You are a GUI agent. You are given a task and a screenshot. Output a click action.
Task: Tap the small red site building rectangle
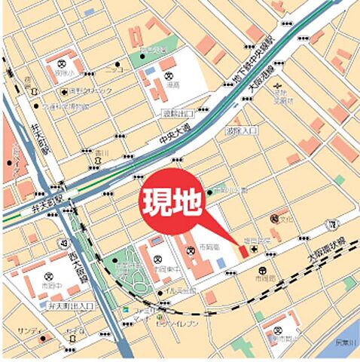(242, 249)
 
